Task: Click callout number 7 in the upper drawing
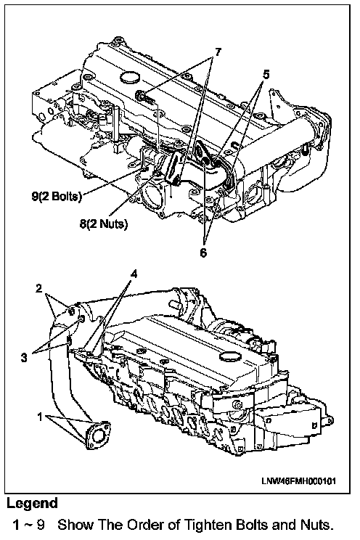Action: [x=217, y=52]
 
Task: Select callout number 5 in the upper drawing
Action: [x=266, y=74]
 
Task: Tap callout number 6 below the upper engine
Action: [x=203, y=253]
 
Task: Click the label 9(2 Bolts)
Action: [x=57, y=197]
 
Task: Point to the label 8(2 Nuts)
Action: [x=104, y=224]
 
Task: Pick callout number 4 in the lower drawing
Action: [x=134, y=274]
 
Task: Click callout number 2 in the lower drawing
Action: [x=39, y=288]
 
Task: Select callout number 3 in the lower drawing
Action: [x=24, y=358]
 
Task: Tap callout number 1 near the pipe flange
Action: [x=41, y=417]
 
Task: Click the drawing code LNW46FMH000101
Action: [x=299, y=481]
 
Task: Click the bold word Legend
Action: [x=32, y=503]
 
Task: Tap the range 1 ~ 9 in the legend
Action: [x=28, y=525]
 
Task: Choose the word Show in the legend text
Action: [x=75, y=525]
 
